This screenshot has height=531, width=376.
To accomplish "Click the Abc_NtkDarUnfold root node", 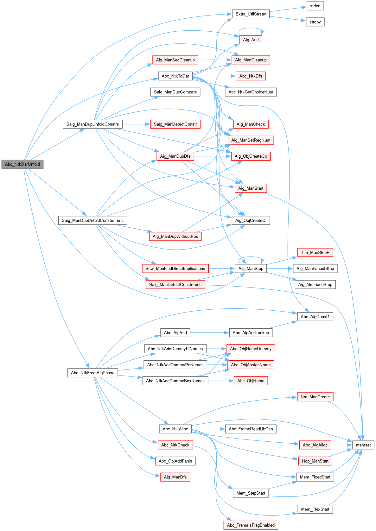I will pyautogui.click(x=22, y=164).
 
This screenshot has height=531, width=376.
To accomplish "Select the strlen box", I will pyautogui.click(x=315, y=6).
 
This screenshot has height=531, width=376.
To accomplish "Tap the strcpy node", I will pyautogui.click(x=315, y=22).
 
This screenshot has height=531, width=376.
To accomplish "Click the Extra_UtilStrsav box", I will pyautogui.click(x=251, y=14).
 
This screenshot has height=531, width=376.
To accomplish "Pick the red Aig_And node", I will pyautogui.click(x=251, y=40).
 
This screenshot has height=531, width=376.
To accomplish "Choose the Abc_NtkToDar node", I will pyautogui.click(x=175, y=76).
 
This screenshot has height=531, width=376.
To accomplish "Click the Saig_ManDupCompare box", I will pyautogui.click(x=175, y=92).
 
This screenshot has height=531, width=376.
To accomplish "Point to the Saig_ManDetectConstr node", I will pyautogui.click(x=175, y=124).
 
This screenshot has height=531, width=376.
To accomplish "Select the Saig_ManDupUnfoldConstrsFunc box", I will pyautogui.click(x=92, y=220).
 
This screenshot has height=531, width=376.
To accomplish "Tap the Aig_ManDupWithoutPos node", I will pyautogui.click(x=175, y=237).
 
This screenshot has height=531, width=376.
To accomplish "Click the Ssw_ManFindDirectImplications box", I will pyautogui.click(x=175, y=269).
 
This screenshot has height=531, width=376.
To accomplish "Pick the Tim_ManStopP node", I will pyautogui.click(x=315, y=252).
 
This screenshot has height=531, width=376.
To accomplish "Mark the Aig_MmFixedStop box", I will pyautogui.click(x=315, y=285).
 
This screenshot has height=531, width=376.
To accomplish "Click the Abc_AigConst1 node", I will pyautogui.click(x=315, y=317).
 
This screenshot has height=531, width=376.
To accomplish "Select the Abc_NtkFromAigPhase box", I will pyautogui.click(x=92, y=373).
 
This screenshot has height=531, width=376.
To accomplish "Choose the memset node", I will pyautogui.click(x=363, y=445).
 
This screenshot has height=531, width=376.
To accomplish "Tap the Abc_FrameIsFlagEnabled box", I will pyautogui.click(x=251, y=525).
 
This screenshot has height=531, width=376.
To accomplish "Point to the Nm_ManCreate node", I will pyautogui.click(x=315, y=397).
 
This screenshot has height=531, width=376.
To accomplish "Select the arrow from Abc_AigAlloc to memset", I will pyautogui.click(x=342, y=445).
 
